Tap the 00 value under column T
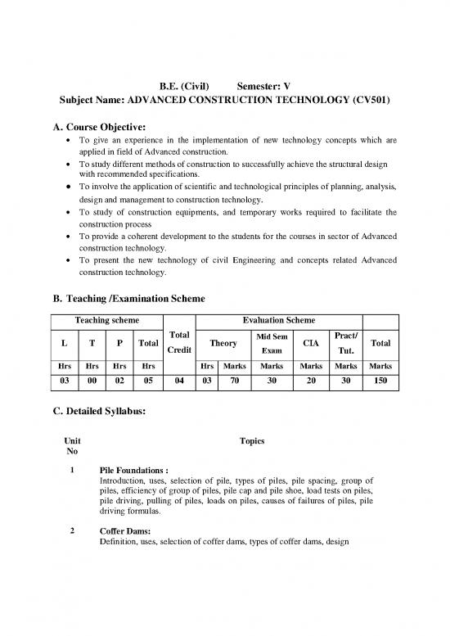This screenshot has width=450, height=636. coord(92,381)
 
